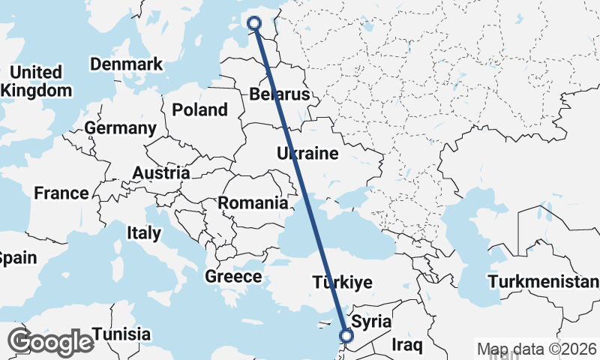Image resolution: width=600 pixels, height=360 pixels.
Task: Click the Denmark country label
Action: tap(126, 64)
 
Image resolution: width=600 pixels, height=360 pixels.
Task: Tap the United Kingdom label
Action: tap(37, 82)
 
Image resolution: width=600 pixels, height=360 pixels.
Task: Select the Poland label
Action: tap(199, 110)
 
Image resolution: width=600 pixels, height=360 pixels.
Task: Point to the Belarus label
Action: tap(280, 95)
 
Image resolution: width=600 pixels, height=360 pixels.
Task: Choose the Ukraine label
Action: tap(307, 154)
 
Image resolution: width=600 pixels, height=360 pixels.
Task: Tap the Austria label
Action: tap(160, 173)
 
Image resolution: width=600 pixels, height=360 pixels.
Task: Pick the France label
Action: tap(61, 193)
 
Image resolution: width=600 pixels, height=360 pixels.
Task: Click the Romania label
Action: tap(253, 202)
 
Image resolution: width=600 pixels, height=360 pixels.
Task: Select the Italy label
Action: tap(143, 233)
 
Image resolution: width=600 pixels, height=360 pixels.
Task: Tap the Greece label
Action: tap(233, 277)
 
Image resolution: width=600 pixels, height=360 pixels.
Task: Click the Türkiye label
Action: tap(343, 283)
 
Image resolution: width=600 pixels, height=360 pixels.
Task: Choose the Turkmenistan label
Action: tap(544, 283)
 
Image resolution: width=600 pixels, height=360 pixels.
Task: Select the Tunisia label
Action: tap(121, 334)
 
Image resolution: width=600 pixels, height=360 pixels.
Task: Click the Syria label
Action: tap(371, 322)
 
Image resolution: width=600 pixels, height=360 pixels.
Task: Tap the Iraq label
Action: tap(408, 346)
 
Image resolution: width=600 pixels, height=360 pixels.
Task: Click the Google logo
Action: tap(50, 342)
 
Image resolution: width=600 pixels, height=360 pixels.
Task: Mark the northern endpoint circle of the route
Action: tap(254, 23)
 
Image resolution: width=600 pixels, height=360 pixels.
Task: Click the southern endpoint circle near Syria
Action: tap(346, 337)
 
